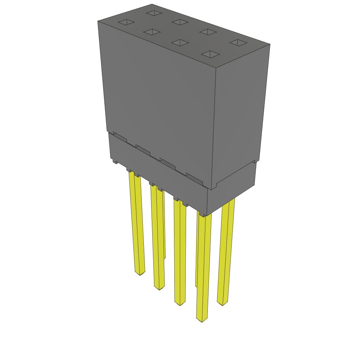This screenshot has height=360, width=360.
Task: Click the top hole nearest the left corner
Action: click(126, 22)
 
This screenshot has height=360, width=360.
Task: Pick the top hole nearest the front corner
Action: click(210, 54)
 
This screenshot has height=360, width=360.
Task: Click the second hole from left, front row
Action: click(152, 32)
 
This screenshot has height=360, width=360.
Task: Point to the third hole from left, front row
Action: click(180, 43)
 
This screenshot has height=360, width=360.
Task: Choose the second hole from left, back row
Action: click(180, 22)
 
